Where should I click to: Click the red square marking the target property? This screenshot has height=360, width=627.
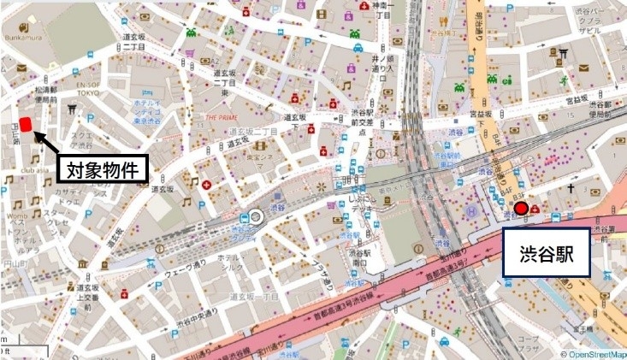point(26,125)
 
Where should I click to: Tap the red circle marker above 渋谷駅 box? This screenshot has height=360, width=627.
point(520,208)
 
